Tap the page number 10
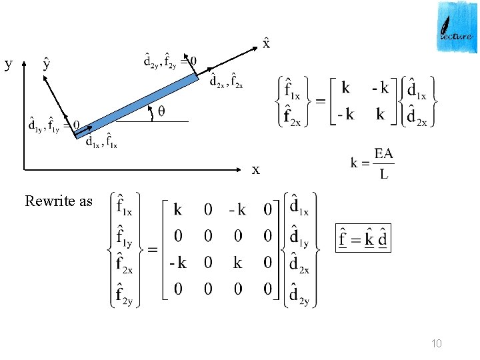tap(437, 344)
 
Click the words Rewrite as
tap(59, 201)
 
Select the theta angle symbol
tap(162, 112)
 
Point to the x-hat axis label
tap(266, 44)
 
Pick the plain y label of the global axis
tap(8, 64)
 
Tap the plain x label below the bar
tap(256, 170)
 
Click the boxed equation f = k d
tap(363, 239)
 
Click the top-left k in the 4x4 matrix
tap(178, 210)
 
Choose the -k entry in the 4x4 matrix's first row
tap(237, 210)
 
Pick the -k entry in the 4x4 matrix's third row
tap(177, 263)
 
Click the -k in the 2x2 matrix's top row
tap(379, 89)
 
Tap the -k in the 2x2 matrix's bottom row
tap(345, 115)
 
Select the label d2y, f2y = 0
tap(170, 61)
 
